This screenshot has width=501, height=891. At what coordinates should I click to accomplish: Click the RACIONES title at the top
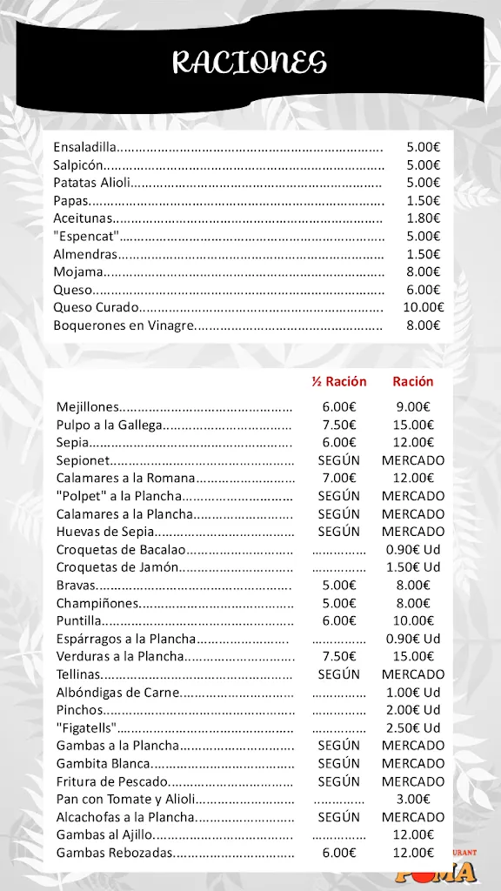[250, 63]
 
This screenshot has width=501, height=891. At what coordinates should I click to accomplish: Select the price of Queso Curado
[423, 307]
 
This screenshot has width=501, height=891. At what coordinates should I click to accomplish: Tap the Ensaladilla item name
[84, 146]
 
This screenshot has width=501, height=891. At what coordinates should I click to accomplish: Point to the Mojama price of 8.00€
[423, 271]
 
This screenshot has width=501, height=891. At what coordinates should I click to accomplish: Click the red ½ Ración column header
[339, 381]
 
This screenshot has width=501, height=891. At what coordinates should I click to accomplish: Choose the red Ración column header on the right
[412, 381]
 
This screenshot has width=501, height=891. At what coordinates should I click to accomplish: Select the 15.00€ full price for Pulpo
[412, 425]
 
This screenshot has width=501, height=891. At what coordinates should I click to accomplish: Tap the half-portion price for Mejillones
[339, 406]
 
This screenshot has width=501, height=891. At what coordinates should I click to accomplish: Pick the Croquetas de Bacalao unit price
[412, 549]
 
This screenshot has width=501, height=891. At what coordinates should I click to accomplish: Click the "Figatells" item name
[86, 727]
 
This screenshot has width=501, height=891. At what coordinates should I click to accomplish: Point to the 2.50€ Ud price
[412, 727]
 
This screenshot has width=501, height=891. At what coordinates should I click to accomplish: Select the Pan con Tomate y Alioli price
[412, 799]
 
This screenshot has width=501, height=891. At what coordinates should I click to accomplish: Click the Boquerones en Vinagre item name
[122, 325]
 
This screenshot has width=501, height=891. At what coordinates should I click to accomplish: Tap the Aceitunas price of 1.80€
[423, 218]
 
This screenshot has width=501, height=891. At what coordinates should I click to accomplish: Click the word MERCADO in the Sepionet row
[412, 460]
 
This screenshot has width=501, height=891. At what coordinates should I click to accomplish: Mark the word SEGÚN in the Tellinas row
[339, 674]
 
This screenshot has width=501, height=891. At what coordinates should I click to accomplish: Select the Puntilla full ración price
[412, 620]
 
